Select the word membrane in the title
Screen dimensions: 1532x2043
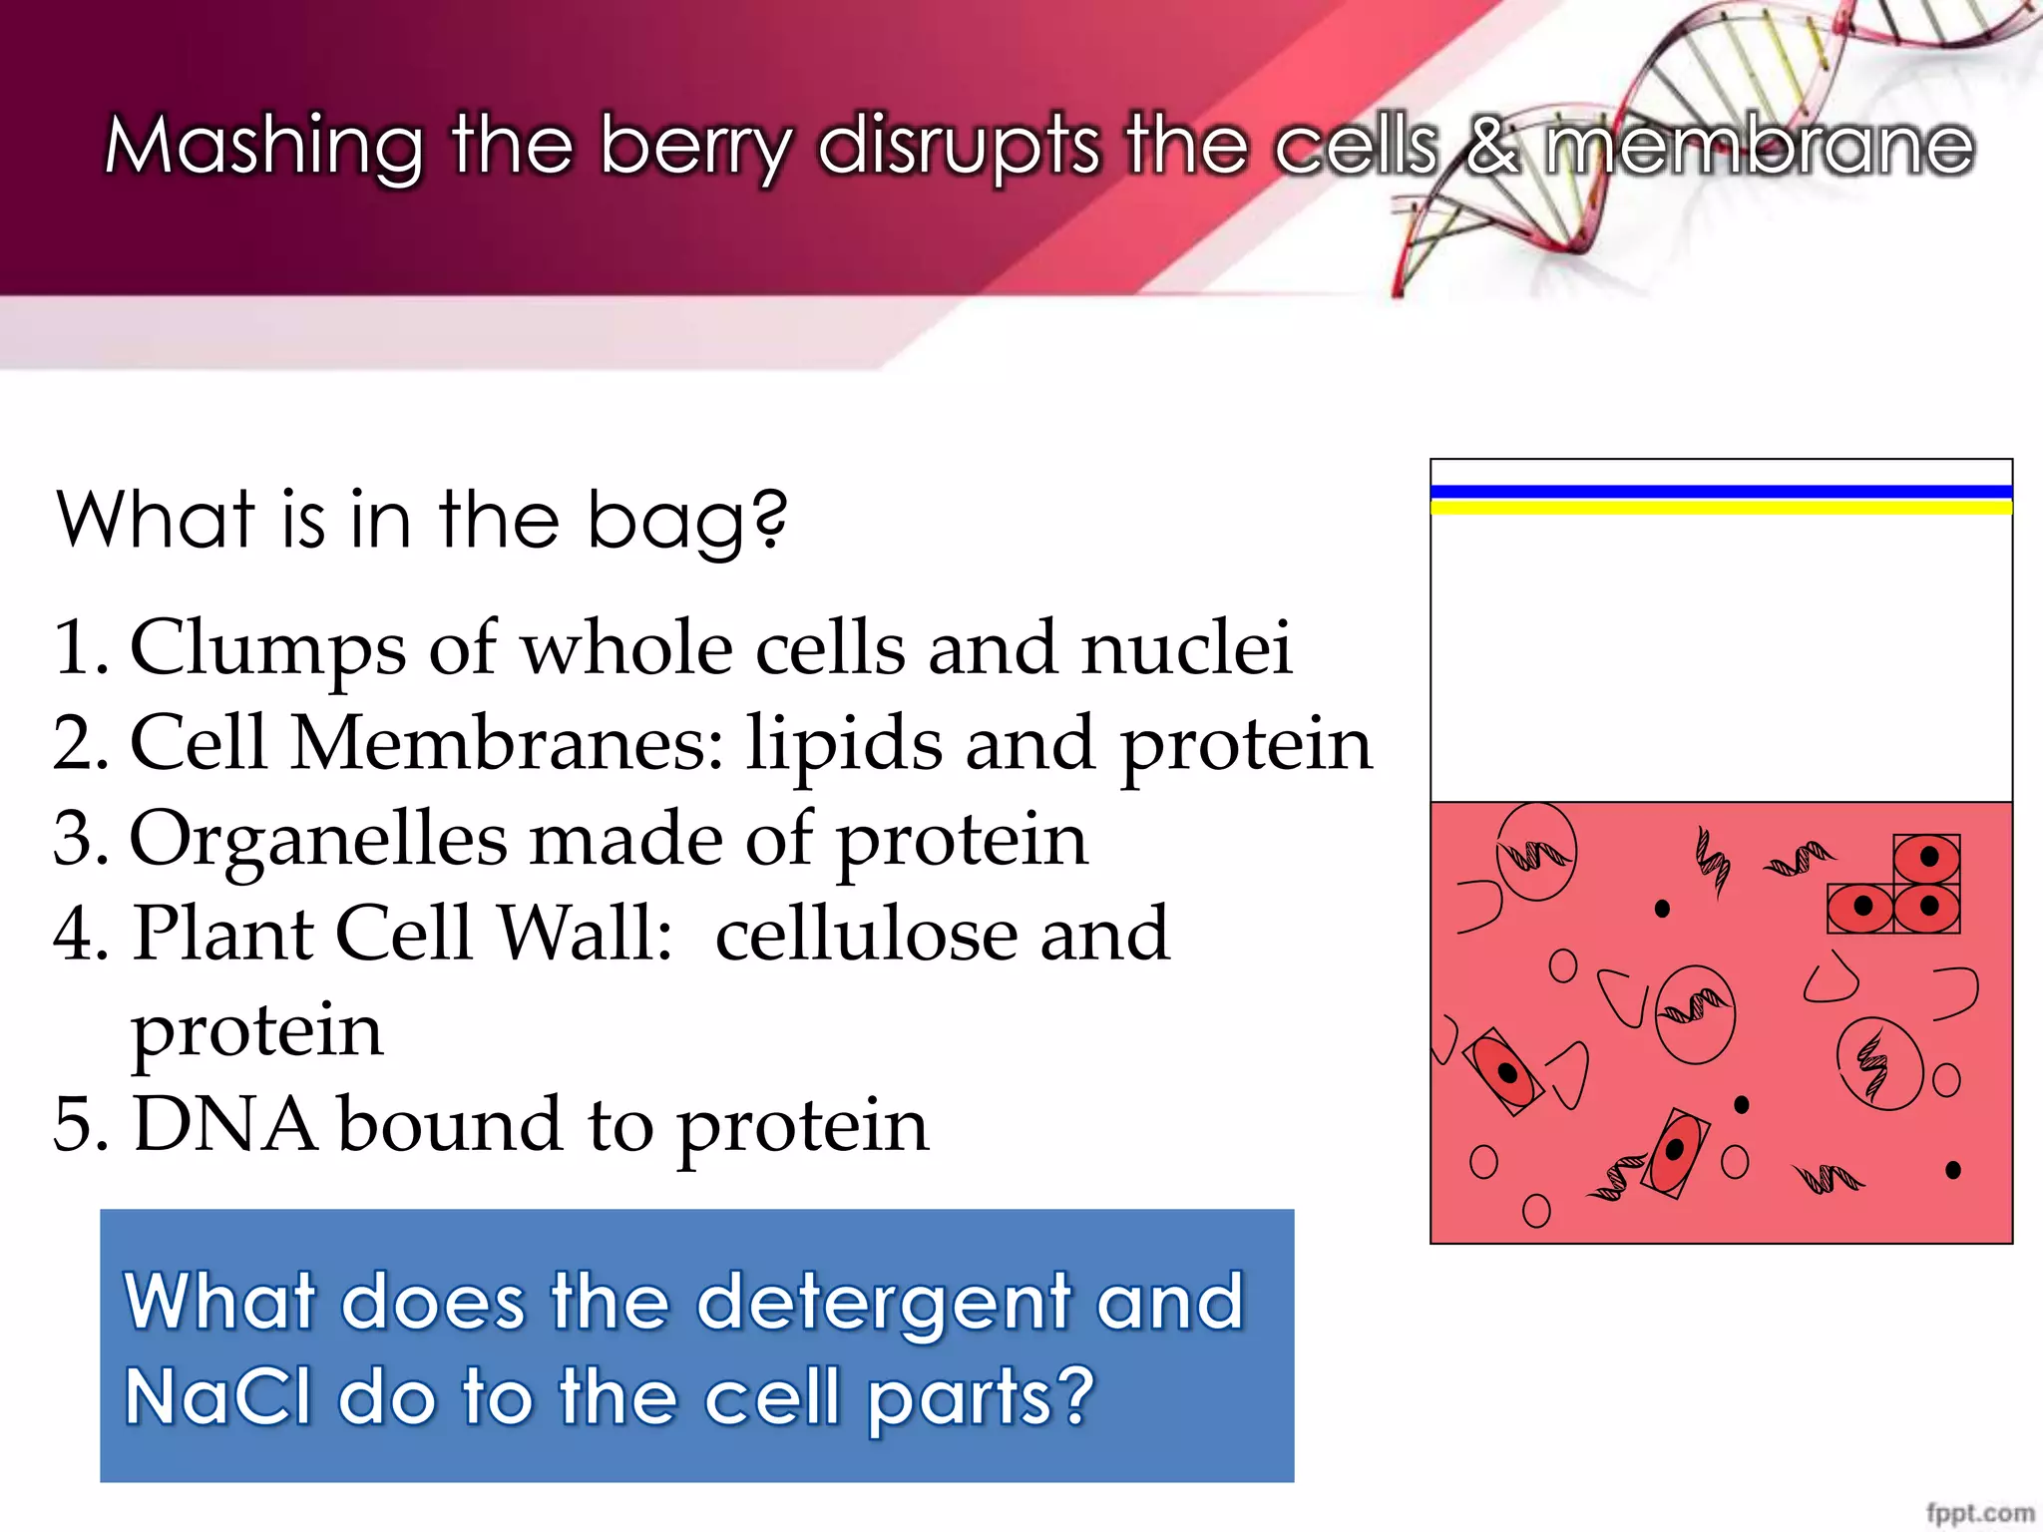[x=1759, y=147]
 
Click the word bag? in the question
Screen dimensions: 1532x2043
[x=686, y=521]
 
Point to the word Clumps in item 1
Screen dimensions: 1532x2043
[x=267, y=648]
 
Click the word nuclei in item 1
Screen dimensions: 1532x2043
[x=1186, y=648]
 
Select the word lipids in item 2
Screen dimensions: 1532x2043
[x=844, y=744]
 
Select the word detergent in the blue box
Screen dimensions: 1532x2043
[x=883, y=1302]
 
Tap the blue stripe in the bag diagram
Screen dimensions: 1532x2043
[x=1721, y=491]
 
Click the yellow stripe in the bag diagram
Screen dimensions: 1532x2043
[x=1721, y=508]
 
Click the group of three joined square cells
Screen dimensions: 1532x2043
[x=1895, y=886]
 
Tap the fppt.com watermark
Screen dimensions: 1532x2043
[x=1980, y=1513]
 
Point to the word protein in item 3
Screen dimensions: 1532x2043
[x=961, y=840]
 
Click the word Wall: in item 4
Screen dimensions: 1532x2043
[x=585, y=934]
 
